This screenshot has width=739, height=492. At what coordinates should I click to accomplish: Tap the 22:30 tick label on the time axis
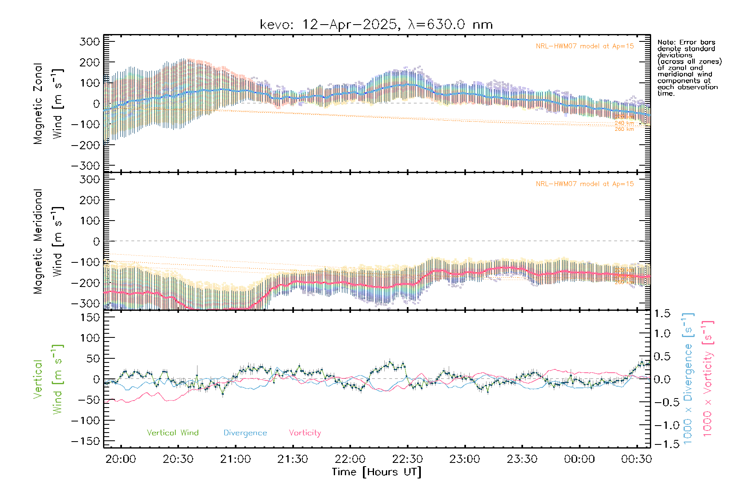tap(407, 459)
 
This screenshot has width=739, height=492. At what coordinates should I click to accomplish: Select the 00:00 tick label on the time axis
tap(579, 459)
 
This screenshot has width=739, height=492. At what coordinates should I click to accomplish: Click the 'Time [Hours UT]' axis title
tap(376, 472)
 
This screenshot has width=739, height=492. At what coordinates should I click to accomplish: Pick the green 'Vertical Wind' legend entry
tap(172, 433)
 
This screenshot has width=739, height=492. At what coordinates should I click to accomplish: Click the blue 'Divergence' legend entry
tap(245, 433)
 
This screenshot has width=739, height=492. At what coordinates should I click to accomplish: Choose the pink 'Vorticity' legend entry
tap(305, 433)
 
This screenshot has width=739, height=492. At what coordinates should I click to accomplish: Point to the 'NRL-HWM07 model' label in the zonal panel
tap(585, 46)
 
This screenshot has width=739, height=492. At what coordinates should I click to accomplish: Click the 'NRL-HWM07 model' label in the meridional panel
tap(585, 184)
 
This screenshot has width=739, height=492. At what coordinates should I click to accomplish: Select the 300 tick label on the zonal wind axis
tap(90, 41)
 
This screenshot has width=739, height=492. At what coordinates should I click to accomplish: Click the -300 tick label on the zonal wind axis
tap(85, 166)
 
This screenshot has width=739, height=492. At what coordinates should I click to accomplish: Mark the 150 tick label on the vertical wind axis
tap(90, 317)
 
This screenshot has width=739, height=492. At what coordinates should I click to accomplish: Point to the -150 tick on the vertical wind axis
tap(85, 441)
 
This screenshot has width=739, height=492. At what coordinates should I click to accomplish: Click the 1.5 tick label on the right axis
tap(662, 314)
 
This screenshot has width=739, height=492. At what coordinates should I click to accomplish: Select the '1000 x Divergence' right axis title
tap(688, 379)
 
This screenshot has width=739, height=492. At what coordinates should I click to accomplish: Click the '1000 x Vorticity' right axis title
tap(707, 379)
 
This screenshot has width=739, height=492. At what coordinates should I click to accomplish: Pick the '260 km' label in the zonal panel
tap(624, 129)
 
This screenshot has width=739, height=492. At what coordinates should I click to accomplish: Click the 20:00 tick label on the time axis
tap(121, 459)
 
